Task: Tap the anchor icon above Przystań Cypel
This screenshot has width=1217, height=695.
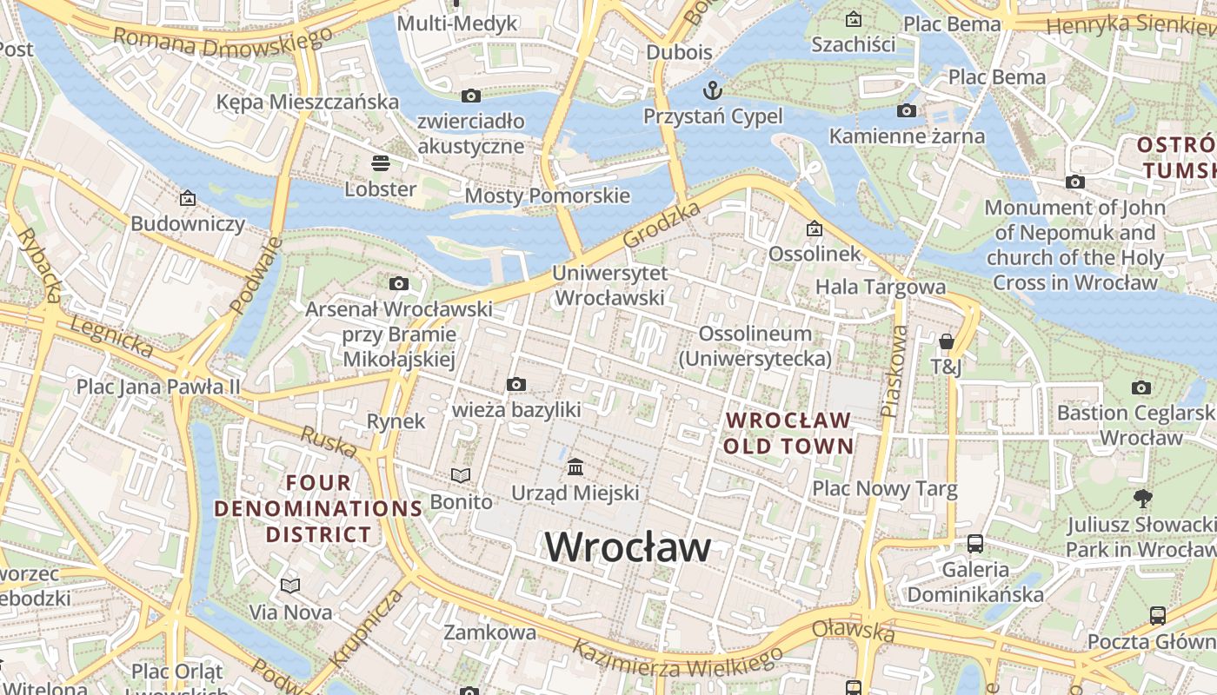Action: tap(713, 90)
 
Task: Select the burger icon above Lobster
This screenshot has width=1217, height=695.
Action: tap(380, 163)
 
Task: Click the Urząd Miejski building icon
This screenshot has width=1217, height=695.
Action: tap(575, 468)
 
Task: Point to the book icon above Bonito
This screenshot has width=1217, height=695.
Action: tap(461, 476)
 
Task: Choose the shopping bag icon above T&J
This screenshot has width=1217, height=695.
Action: tap(947, 342)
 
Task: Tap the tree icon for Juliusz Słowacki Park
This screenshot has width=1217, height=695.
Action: tap(1142, 499)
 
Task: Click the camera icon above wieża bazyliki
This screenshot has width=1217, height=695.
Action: tap(515, 384)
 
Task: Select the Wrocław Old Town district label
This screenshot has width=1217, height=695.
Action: tap(788, 433)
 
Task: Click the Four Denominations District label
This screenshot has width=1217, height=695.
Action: tap(319, 508)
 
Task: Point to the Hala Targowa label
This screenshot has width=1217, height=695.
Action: tap(880, 287)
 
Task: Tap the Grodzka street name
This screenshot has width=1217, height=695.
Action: tap(662, 225)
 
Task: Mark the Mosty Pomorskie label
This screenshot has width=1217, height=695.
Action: tap(547, 195)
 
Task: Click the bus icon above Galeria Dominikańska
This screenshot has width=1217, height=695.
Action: tap(975, 544)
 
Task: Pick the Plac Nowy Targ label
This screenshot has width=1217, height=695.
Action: tap(884, 489)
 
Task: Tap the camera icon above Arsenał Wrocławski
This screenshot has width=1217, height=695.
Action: tap(399, 283)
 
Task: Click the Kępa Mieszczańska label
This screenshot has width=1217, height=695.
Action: tap(308, 102)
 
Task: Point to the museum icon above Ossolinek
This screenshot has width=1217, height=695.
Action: tap(815, 229)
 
